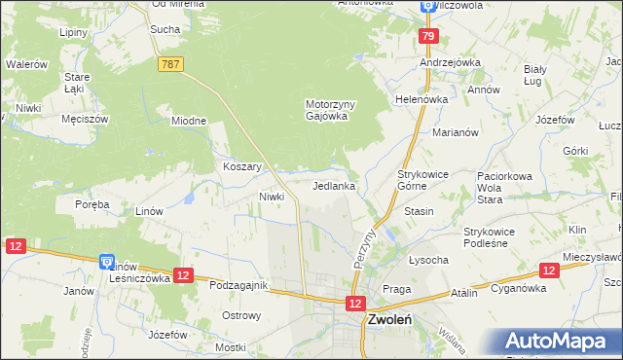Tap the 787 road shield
170,63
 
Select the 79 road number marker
428,37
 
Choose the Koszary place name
242,166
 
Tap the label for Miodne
189,121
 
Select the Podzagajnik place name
239,284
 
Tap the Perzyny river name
366,248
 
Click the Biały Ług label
540,75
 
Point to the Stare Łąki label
77,83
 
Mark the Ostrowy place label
241,315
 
